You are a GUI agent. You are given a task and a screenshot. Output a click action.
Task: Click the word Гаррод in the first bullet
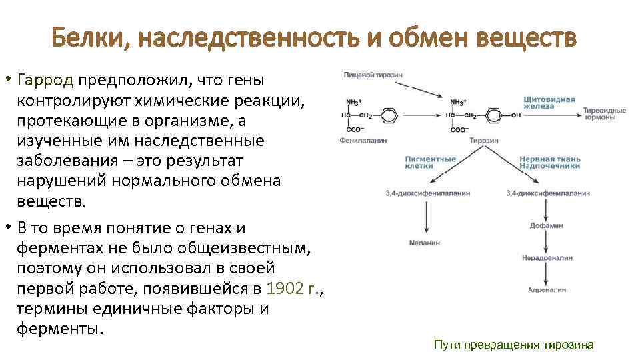[47, 81]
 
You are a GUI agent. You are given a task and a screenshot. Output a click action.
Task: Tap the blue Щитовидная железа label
[549, 103]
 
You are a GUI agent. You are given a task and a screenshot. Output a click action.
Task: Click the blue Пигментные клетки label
[430, 163]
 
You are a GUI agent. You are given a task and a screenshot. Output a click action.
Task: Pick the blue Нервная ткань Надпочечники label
[550, 163]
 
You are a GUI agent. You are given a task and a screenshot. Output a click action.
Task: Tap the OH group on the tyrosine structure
[516, 115]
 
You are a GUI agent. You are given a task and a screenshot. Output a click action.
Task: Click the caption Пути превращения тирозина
[513, 345]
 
